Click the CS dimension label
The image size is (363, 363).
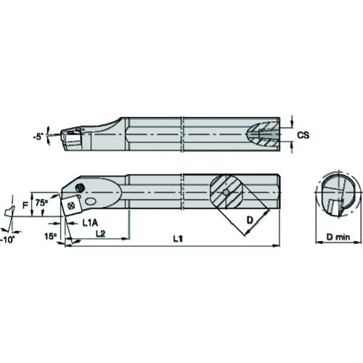303,135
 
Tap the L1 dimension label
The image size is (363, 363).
178,239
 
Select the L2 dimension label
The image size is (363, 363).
101,233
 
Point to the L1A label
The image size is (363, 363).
90,223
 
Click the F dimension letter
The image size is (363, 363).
25,205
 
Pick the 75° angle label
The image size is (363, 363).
41,203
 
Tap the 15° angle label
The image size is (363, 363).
50,236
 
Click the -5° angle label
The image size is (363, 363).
38,137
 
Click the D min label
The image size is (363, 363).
338,237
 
